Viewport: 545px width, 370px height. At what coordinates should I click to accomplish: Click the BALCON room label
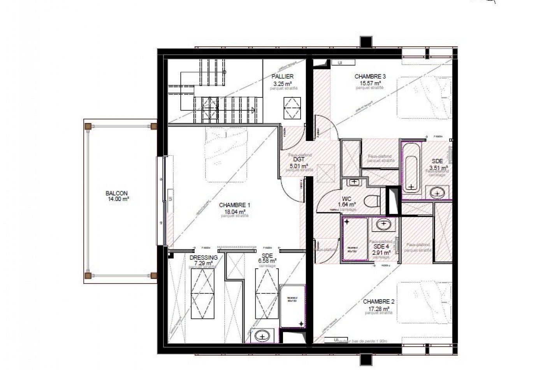(x=116, y=193)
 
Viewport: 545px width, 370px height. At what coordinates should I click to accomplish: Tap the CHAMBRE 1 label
(x=234, y=205)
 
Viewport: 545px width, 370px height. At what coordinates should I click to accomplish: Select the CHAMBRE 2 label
(x=379, y=301)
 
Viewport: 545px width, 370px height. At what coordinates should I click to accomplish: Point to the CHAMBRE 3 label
(x=370, y=76)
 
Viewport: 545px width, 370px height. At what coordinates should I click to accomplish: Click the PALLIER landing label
(x=282, y=76)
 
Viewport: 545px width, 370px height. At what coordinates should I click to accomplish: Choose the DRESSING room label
(x=203, y=257)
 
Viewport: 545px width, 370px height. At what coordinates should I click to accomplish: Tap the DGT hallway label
(x=299, y=160)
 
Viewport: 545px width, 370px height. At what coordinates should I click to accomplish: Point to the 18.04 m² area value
(x=234, y=211)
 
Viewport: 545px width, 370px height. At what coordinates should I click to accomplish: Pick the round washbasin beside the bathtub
(x=439, y=192)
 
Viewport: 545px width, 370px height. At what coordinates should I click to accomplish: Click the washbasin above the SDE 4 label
(x=383, y=224)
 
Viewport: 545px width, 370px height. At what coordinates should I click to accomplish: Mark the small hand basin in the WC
(x=354, y=181)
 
